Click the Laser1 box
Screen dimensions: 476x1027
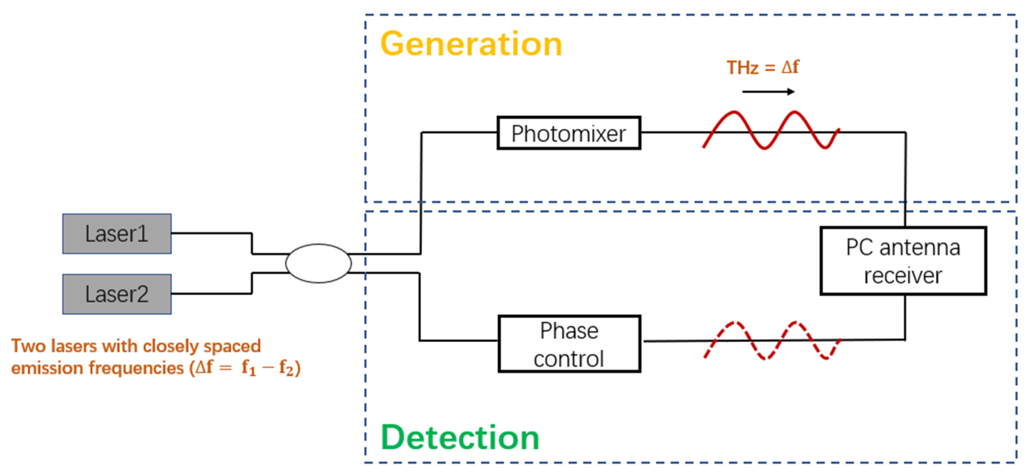click(117, 234)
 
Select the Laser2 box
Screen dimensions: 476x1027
click(117, 294)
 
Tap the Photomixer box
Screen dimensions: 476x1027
click(568, 133)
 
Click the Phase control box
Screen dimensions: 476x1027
click(569, 344)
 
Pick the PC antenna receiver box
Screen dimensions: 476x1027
click(903, 261)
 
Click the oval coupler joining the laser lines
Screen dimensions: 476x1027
click(318, 264)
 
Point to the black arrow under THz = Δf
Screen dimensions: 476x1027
click(768, 92)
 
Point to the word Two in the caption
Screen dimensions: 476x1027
click(28, 346)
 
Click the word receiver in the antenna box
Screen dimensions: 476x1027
click(903, 276)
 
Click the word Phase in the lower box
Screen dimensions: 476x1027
click(569, 331)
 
